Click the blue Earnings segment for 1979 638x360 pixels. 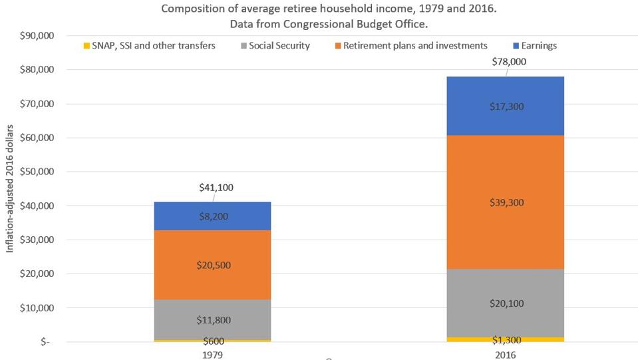point(212,216)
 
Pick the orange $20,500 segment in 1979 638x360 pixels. point(212,265)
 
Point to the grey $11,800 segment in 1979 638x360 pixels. point(212,319)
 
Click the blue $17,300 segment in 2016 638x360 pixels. point(506,106)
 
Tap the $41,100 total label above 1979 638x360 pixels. point(216,188)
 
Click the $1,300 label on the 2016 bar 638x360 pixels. point(506,340)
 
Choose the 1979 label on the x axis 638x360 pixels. point(212,355)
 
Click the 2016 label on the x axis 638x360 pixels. point(506,355)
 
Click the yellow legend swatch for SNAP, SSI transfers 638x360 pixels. point(85,46)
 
